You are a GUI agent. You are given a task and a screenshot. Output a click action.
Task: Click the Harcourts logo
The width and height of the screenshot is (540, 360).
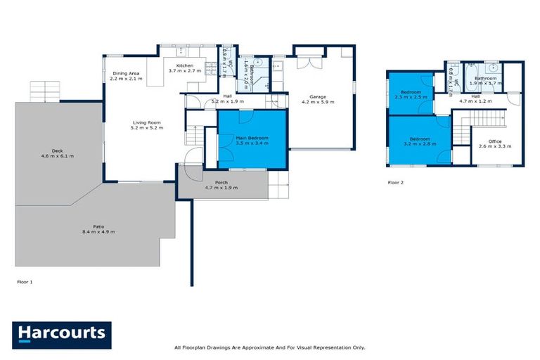click(62, 335)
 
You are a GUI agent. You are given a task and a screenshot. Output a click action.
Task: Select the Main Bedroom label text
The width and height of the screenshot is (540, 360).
click(252, 139)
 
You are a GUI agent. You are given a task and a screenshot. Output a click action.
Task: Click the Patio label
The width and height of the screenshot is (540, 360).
click(89, 227)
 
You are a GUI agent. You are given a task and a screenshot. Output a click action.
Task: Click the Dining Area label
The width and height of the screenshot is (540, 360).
click(126, 74)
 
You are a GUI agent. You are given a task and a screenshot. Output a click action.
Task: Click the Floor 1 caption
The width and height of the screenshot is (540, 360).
click(25, 281)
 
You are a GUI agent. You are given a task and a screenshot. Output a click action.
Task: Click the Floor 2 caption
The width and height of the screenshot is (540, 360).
click(396, 182)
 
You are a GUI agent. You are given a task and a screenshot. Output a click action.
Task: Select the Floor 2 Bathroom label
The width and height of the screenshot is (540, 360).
click(485, 78)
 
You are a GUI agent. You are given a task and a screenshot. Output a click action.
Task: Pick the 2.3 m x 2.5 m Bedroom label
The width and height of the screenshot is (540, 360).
click(411, 93)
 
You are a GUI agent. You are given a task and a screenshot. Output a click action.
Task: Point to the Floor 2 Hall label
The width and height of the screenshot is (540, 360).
click(475, 96)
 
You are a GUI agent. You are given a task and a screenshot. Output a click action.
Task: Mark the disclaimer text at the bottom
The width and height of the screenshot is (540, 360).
click(269, 347)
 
